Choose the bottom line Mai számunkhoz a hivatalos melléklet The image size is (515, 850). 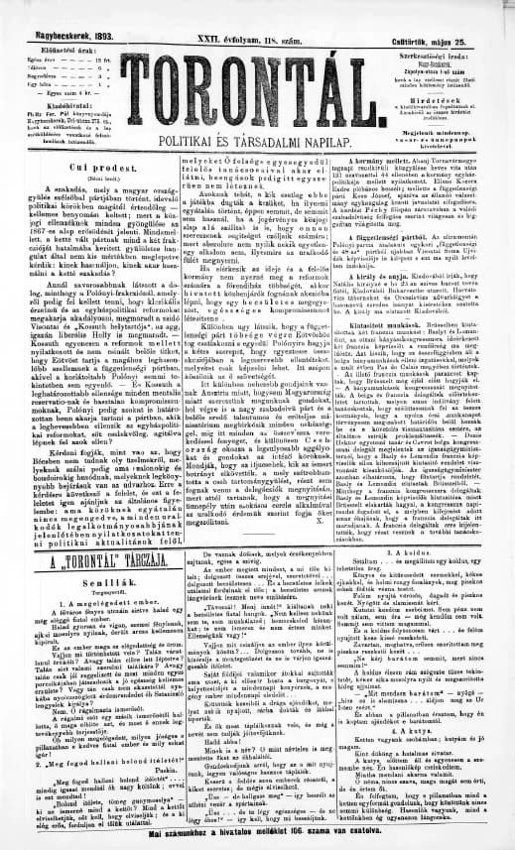pyautogui.click(x=257, y=843)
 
